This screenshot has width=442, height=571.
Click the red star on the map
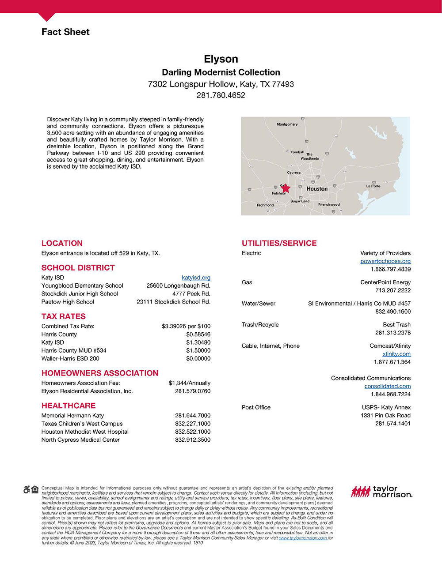pos(286,188)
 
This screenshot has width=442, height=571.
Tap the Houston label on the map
pos(317,188)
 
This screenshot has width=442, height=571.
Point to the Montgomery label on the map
pos(287,124)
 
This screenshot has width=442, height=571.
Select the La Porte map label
pos(373,186)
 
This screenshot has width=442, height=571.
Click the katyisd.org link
pos(196,278)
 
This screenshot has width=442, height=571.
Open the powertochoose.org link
pos(385,261)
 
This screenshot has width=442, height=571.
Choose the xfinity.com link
pos(396,354)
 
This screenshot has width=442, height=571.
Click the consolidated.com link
pos(388,386)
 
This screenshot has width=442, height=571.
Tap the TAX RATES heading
pos(64,316)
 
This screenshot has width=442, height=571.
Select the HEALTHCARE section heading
pos(69,406)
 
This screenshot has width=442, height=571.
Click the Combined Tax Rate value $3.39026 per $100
pos(186,326)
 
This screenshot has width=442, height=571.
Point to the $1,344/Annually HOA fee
pos(190,383)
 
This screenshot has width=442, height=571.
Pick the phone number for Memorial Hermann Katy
pos(193,416)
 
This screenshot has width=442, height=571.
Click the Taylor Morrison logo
pos(381,492)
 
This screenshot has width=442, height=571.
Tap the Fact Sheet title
pos(65,32)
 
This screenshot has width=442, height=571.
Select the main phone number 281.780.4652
pos(221,95)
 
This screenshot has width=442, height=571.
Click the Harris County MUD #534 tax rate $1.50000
pos(198,350)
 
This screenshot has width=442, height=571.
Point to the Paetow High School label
pos(68,302)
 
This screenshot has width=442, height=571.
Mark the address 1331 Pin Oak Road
pos(385,416)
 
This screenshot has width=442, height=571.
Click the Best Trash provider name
pos(397,325)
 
